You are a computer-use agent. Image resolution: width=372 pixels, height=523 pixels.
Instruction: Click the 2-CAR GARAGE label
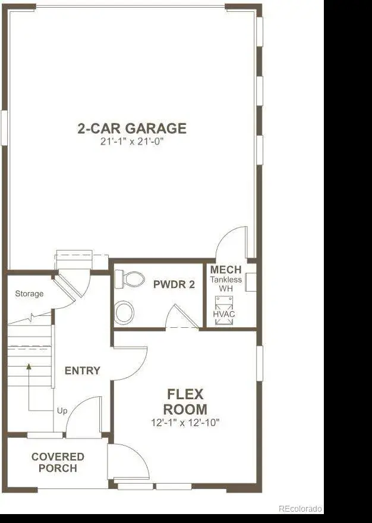pos(132,129)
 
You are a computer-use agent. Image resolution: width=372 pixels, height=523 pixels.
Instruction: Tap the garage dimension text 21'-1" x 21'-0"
pos(132,142)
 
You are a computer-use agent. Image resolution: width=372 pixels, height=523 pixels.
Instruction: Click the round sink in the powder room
pos(124,312)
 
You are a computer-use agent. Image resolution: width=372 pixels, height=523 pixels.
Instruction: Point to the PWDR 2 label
pos(174,284)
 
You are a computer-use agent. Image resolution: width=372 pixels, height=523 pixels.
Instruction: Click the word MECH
pos(226,270)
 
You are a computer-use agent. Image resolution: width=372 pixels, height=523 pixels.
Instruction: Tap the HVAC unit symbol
pos(224,311)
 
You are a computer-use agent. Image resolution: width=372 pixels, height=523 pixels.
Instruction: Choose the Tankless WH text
pos(226,284)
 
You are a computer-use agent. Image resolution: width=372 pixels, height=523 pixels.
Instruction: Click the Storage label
pos(29,294)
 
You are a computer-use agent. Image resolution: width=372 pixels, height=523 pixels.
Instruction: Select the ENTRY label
pos(82,371)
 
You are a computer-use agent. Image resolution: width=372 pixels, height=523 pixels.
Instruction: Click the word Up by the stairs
pos(62,411)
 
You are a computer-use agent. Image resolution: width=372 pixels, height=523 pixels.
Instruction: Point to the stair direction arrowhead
pos(29,367)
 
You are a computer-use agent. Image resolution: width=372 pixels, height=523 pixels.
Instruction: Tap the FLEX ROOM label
pos(185,402)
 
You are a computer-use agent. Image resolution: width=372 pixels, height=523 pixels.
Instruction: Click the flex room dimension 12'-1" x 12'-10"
pos(185,423)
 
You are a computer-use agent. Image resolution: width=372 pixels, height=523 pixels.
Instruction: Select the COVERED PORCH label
pos(58,462)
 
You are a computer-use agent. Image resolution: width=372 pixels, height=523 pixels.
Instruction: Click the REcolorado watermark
pos(300,508)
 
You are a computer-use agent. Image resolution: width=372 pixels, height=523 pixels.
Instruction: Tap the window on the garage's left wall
pos(4,128)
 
